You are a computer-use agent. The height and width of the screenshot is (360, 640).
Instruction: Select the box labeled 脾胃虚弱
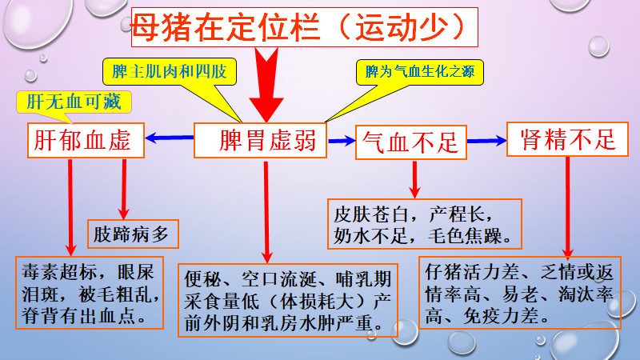[x=262, y=142]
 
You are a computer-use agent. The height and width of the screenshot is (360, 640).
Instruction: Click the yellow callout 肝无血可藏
[x=74, y=102]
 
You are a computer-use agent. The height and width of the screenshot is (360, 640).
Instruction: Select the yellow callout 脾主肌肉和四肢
[x=170, y=72]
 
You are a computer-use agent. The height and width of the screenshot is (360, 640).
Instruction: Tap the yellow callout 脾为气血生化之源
[x=420, y=72]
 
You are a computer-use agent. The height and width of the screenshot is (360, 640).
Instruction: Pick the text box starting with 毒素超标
[x=90, y=293]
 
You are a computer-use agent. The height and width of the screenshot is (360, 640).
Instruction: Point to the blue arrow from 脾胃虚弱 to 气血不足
[x=342, y=141]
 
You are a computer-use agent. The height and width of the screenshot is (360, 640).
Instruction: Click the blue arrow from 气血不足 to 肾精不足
[x=486, y=141]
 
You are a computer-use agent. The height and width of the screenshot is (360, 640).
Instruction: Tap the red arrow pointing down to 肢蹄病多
[x=123, y=187]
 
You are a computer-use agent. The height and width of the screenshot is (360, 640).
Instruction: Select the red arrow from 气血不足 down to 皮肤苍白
[x=414, y=179]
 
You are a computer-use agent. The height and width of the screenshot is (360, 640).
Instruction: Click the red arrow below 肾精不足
[x=567, y=205]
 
